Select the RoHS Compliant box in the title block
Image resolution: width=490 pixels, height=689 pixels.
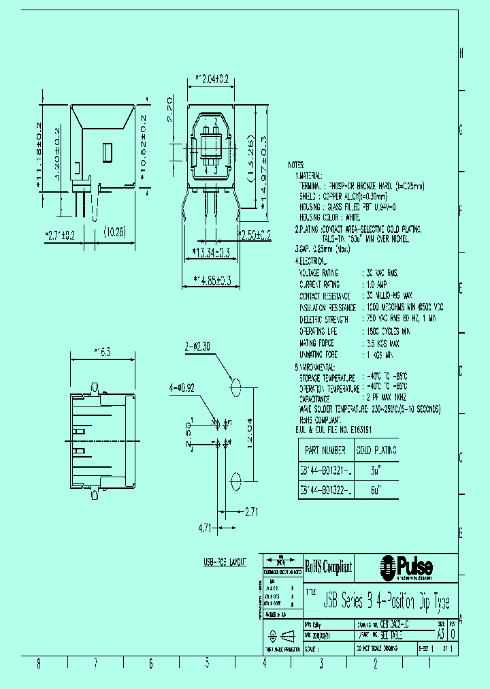328,566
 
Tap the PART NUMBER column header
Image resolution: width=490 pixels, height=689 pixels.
324,450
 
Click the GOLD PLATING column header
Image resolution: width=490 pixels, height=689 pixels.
376,450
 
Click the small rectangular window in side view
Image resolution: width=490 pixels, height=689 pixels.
107,153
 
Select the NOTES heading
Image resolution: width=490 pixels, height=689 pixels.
297,165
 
